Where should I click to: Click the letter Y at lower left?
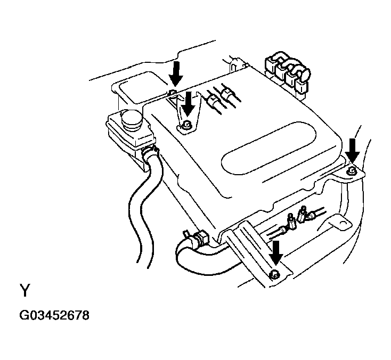click(x=25, y=290)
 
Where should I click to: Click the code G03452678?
click(x=54, y=315)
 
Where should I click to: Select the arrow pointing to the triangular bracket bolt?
click(x=188, y=104)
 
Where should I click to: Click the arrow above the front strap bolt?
click(x=276, y=253)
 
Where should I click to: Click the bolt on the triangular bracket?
click(x=186, y=125)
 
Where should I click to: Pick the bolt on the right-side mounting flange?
click(x=351, y=170)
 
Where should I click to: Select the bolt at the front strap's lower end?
click(x=274, y=274)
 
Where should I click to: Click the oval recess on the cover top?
click(x=268, y=149)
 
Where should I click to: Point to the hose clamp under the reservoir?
click(x=150, y=151)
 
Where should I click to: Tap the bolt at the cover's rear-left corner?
click(x=173, y=93)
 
